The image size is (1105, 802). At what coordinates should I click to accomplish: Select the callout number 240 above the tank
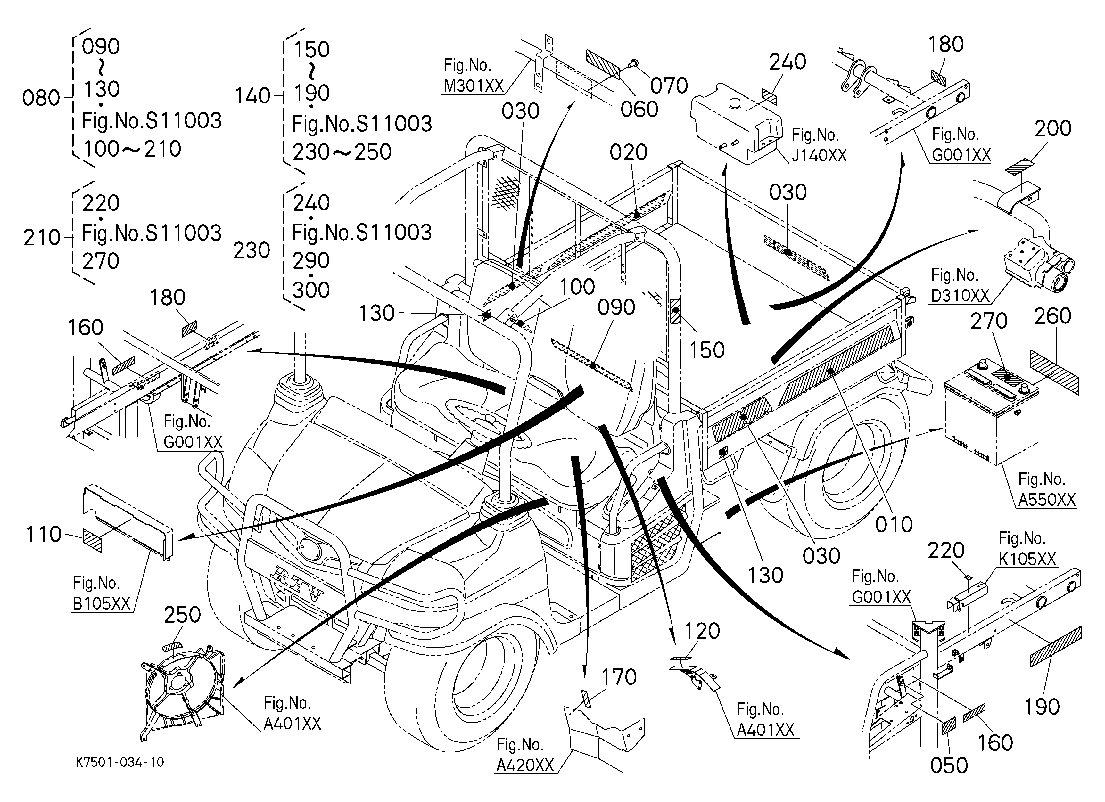click(788, 62)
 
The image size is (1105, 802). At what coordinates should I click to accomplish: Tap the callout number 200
click(1053, 128)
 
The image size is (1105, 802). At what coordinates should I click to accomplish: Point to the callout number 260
click(1053, 316)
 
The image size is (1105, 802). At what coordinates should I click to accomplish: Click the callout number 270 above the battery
click(989, 321)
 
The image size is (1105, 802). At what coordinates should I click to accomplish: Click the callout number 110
click(44, 535)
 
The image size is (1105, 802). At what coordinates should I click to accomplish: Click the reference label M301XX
click(473, 86)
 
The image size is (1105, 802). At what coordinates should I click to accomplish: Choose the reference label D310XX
click(960, 296)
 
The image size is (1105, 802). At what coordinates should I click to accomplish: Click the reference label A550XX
click(1047, 500)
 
